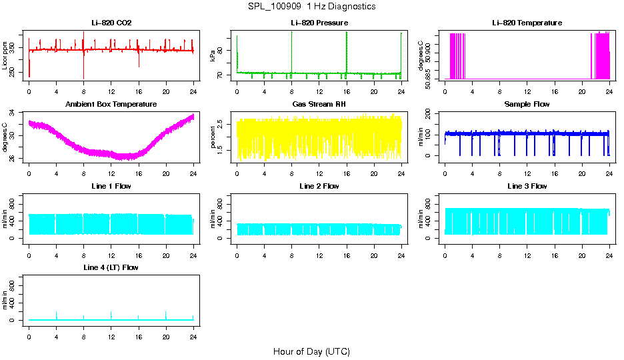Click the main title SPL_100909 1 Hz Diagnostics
pyautogui.click(x=311, y=7)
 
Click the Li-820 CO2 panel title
pyautogui.click(x=111, y=23)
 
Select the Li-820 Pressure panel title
pyautogui.click(x=319, y=23)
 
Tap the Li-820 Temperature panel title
pyautogui.click(x=527, y=23)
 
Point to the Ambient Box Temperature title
pyautogui.click(x=111, y=105)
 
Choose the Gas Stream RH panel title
pyautogui.click(x=319, y=105)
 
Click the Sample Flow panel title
pyautogui.click(x=527, y=105)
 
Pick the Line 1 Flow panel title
pyautogui.click(x=111, y=186)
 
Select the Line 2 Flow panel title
pyautogui.click(x=319, y=186)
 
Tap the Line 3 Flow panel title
pyautogui.click(x=527, y=186)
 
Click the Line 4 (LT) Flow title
pyautogui.click(x=111, y=267)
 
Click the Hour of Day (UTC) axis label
pyautogui.click(x=311, y=351)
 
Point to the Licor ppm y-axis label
pyautogui.click(x=6, y=55)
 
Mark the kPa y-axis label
pyautogui.click(x=213, y=55)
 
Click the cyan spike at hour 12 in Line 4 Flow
pyautogui.click(x=111, y=314)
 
